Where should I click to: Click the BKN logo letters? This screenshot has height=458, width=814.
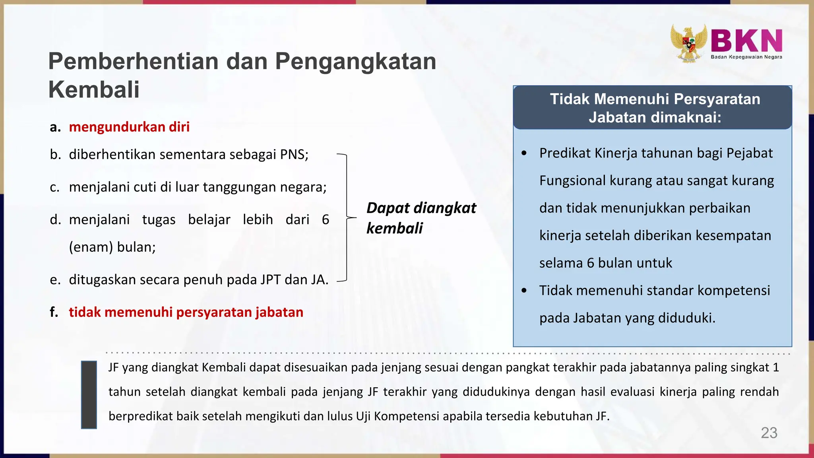pyautogui.click(x=746, y=41)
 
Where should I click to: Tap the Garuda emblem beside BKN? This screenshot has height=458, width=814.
pyautogui.click(x=689, y=43)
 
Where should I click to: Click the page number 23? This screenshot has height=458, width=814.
pyautogui.click(x=769, y=433)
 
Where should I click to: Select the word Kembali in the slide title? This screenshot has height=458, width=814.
pyautogui.click(x=94, y=89)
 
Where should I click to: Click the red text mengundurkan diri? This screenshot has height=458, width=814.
pyautogui.click(x=129, y=127)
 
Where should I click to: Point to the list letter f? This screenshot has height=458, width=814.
pyautogui.click(x=54, y=312)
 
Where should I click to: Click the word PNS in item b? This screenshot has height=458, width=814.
pyautogui.click(x=294, y=155)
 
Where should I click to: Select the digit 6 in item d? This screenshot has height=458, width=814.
pyautogui.click(x=326, y=220)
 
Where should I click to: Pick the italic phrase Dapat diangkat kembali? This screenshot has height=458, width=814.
pyautogui.click(x=421, y=218)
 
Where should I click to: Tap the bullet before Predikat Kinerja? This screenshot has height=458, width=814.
pyautogui.click(x=524, y=153)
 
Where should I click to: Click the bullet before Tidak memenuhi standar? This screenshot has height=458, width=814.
pyautogui.click(x=524, y=291)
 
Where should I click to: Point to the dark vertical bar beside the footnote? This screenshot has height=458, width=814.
pyautogui.click(x=89, y=394)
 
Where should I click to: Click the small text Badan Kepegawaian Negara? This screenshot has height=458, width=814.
pyautogui.click(x=746, y=57)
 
